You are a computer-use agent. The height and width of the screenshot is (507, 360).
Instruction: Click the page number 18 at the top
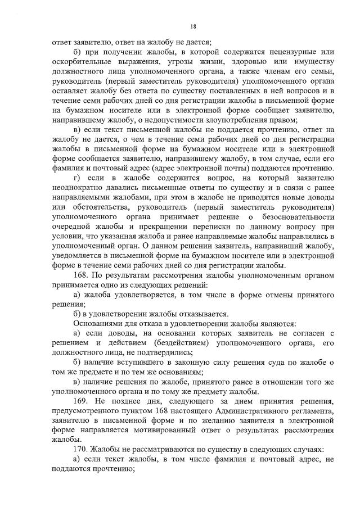pos(193,26)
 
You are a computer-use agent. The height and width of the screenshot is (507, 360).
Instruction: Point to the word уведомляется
pos(78,255)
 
